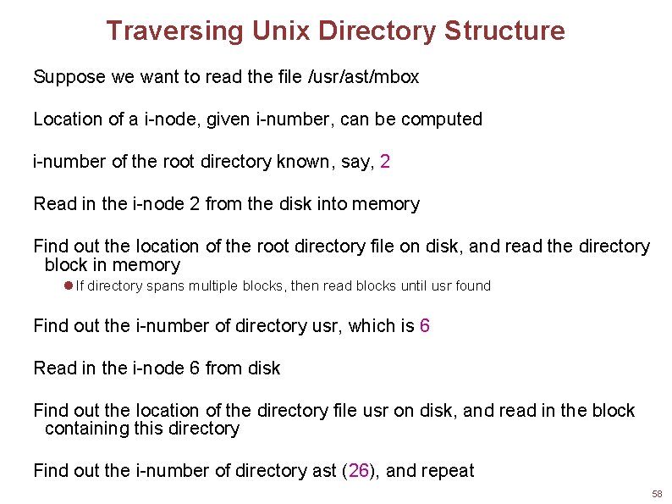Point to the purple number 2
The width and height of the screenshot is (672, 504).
pyautogui.click(x=385, y=162)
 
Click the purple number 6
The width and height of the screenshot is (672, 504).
pyautogui.click(x=424, y=325)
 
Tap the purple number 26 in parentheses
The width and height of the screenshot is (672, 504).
pyautogui.click(x=359, y=470)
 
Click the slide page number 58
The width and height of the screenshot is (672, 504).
pyautogui.click(x=657, y=494)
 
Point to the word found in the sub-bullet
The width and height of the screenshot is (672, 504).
pyautogui.click(x=472, y=286)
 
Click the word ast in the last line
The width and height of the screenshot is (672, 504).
pyautogui.click(x=324, y=470)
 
